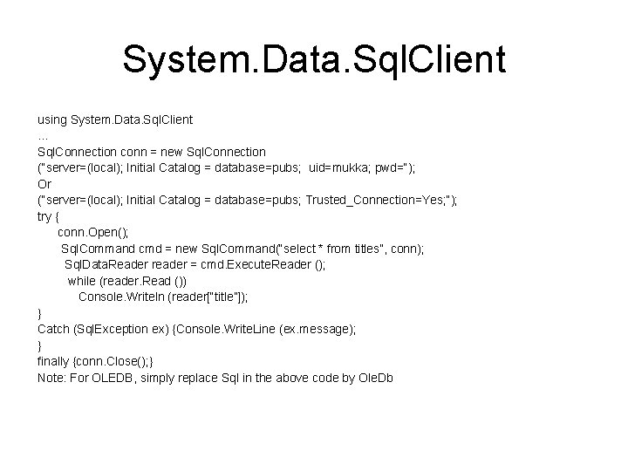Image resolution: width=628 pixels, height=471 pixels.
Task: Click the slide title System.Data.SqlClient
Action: (x=314, y=59)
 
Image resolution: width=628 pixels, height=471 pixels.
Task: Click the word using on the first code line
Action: (x=52, y=119)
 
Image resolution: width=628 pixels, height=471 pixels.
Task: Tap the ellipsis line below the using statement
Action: (x=43, y=135)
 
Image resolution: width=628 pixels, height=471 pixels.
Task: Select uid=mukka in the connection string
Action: (x=339, y=167)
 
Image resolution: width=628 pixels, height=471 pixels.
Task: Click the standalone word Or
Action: (x=44, y=184)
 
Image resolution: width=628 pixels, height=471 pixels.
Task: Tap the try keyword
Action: (x=44, y=216)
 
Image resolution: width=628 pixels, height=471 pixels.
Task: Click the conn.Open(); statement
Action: (x=92, y=233)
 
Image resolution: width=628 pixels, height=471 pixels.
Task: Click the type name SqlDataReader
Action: (x=106, y=265)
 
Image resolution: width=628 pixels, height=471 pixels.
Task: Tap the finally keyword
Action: (x=55, y=362)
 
